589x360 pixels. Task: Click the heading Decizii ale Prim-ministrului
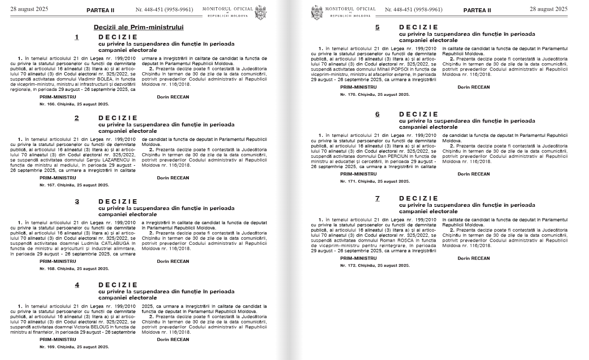click(139, 27)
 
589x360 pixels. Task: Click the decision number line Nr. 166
click(74, 104)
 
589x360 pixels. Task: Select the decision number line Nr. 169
click(74, 347)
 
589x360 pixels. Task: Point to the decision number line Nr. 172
click(375, 266)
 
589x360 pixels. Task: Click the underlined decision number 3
click(77, 201)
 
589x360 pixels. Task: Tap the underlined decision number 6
click(378, 114)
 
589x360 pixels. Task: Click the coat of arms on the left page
click(261, 12)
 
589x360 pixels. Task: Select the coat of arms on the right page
click(317, 12)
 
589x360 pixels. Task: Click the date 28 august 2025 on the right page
click(548, 9)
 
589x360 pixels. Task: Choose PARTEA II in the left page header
click(100, 9)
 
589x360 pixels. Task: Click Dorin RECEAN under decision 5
click(473, 87)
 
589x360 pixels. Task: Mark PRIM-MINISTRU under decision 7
click(358, 258)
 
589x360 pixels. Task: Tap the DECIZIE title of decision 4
click(118, 285)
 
